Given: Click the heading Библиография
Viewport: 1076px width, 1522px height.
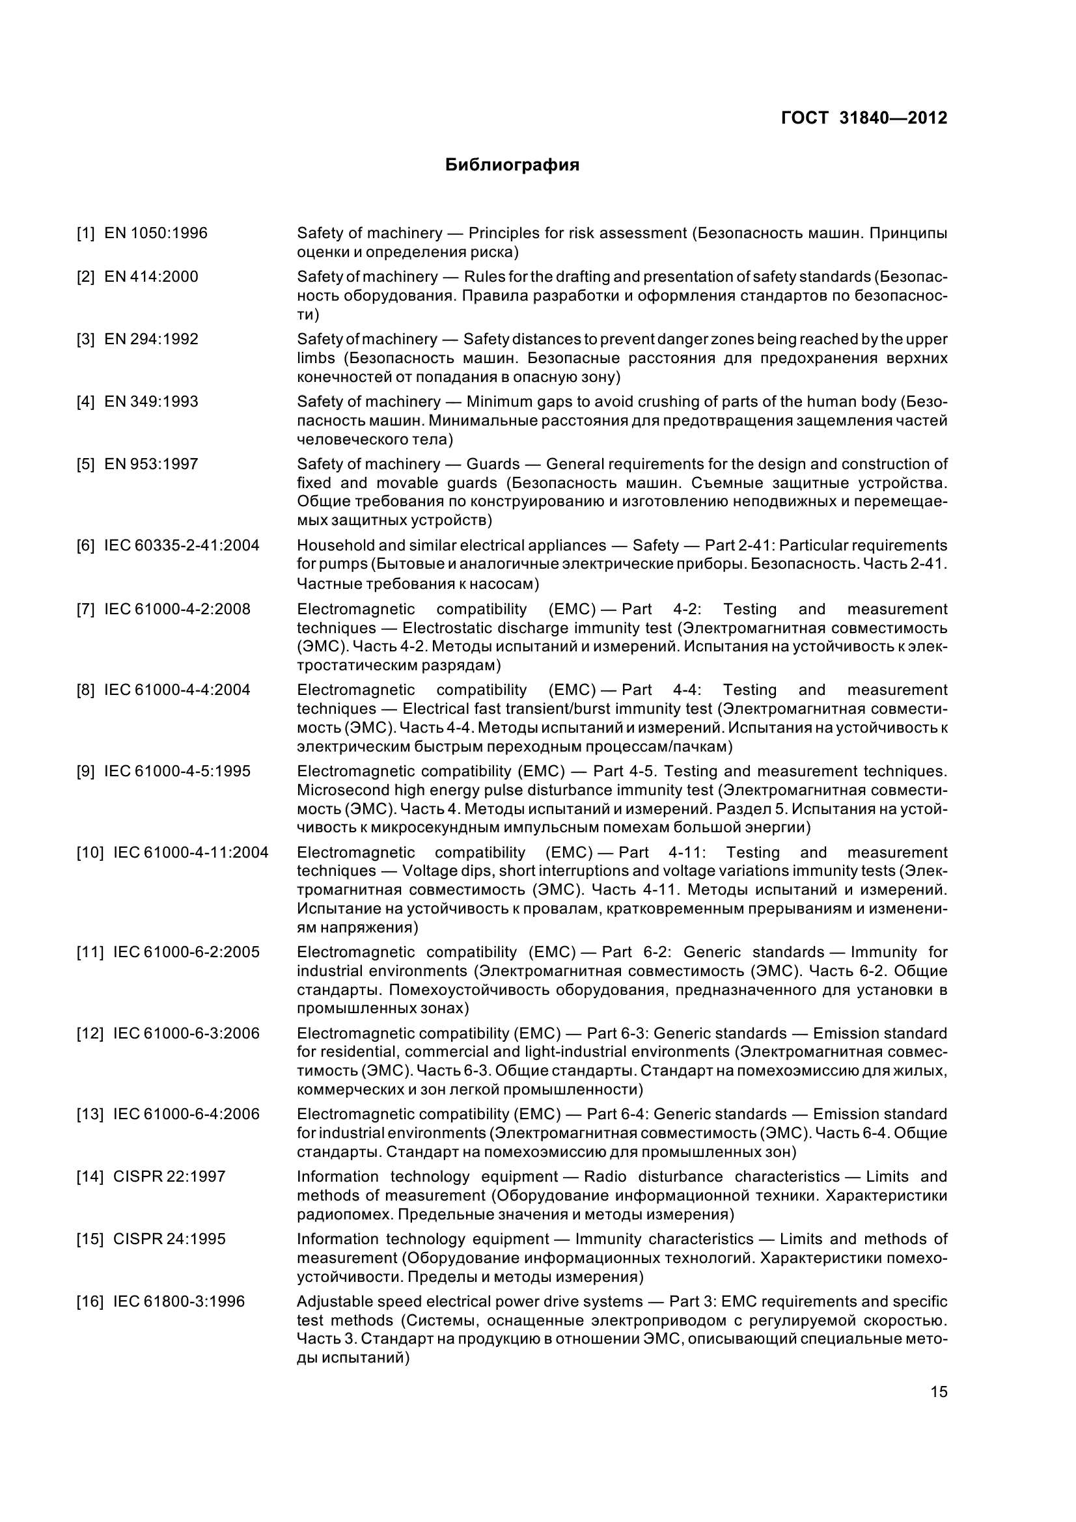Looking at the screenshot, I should point(512,165).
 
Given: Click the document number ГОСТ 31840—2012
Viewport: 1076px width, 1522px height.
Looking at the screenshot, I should point(864,118).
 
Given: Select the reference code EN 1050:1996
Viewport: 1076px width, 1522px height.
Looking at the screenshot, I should point(156,234).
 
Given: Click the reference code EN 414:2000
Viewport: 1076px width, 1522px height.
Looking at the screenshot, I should point(151,277).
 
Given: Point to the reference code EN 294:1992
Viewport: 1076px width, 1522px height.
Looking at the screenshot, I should point(151,340).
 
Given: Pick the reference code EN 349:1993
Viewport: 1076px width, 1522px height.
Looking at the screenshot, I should point(151,401).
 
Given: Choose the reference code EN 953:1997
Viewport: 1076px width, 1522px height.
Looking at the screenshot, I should point(151,464).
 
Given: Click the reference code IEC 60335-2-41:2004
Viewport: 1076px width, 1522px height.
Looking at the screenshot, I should point(182,545).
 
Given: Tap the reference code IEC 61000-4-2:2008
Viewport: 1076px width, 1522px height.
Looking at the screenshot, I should point(177,609).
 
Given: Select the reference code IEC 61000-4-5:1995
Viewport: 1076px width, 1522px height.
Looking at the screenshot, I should point(177,772).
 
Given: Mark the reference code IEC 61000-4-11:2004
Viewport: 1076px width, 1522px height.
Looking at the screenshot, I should point(191,852).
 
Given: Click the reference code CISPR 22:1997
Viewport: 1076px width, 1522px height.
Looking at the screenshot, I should point(169,1176).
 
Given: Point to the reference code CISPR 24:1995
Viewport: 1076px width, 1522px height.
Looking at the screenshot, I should point(169,1239).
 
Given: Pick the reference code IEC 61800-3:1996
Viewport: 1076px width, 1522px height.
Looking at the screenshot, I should point(179,1301).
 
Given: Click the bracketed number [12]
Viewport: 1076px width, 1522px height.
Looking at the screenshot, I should point(90,1033).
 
